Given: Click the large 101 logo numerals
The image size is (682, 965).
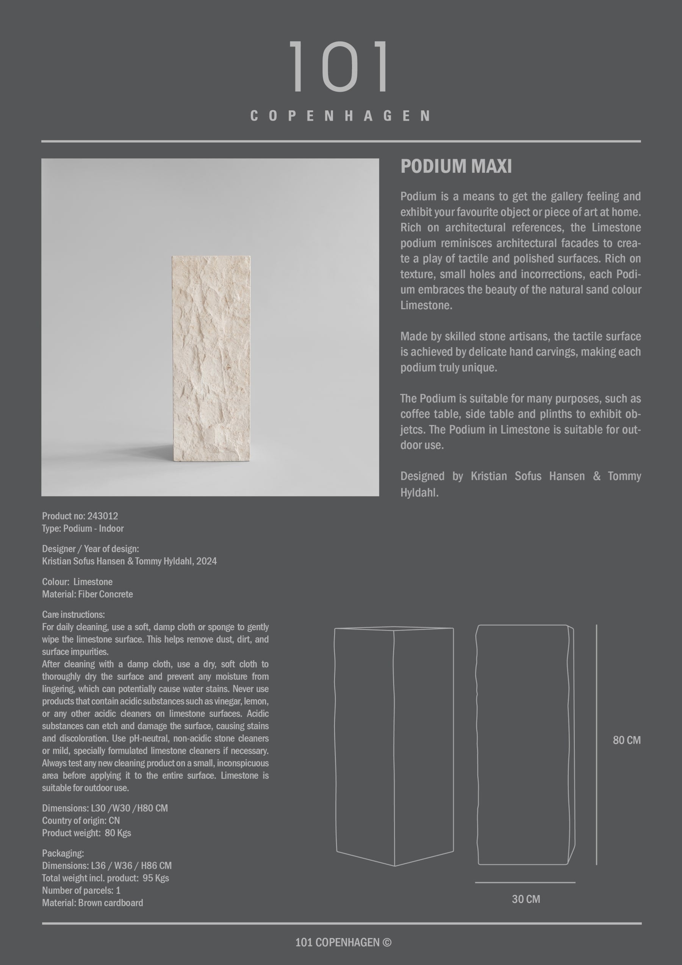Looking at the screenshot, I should click(x=340, y=66).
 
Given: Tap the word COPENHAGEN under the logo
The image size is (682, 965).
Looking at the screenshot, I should click(x=340, y=116).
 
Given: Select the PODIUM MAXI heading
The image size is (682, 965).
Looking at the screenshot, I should click(x=456, y=166).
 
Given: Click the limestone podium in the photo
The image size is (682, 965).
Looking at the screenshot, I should click(x=211, y=358).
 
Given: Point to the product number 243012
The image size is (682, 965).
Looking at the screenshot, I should click(x=103, y=516).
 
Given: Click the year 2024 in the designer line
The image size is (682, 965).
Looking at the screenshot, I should click(x=206, y=561).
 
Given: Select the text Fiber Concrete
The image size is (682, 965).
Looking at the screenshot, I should click(x=105, y=594).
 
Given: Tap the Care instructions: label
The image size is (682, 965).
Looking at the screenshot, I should click(x=74, y=614).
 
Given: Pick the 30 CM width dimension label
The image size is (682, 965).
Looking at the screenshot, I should click(x=526, y=899).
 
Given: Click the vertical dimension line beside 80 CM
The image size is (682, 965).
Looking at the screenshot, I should click(x=596, y=744).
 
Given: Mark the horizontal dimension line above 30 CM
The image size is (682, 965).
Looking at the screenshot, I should click(x=525, y=882).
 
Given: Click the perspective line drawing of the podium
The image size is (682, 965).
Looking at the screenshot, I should click(x=394, y=744).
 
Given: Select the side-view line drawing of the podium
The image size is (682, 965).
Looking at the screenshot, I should click(x=525, y=744).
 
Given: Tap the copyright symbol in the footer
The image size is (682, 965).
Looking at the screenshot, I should click(x=387, y=942).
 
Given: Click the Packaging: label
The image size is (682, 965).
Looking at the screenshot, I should click(x=63, y=853).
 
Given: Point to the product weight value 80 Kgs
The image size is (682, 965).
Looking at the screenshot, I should click(x=118, y=833).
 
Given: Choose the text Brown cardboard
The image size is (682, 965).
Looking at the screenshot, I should click(x=111, y=902).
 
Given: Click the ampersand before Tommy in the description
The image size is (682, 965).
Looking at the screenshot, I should click(x=596, y=476).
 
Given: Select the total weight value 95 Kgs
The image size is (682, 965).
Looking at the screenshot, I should click(x=155, y=878).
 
